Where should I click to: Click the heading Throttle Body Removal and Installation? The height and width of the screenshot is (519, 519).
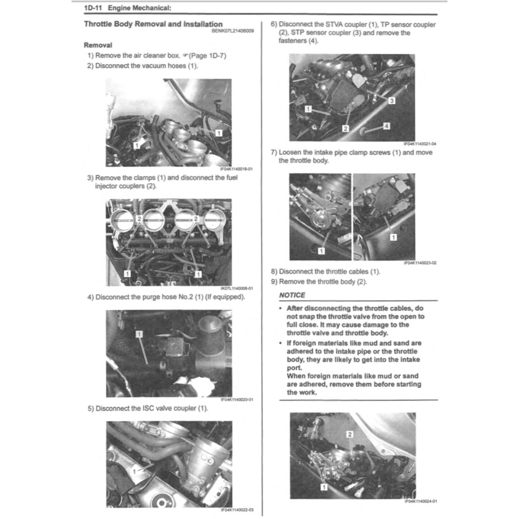[153, 24]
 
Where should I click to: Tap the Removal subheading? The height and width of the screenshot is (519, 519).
[98, 45]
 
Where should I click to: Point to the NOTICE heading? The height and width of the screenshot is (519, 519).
[292, 295]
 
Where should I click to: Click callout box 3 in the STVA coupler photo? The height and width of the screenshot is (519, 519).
[392, 100]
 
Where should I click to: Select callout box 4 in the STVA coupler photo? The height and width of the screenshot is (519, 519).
[386, 125]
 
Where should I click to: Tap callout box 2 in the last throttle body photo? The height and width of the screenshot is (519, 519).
[349, 434]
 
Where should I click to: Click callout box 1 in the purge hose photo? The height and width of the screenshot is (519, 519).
[139, 334]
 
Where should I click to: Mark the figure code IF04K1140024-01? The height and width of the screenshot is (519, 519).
[420, 501]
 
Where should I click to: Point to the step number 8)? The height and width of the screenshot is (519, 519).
[274, 271]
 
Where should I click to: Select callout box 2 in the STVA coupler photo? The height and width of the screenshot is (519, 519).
[346, 128]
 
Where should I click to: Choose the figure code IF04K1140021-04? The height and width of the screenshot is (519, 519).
[420, 144]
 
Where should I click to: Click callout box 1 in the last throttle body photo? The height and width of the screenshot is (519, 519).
[324, 487]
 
